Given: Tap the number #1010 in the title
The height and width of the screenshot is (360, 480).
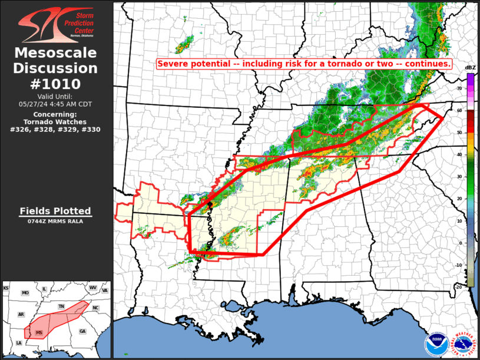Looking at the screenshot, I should (57, 84).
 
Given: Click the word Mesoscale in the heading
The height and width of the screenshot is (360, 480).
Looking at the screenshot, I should (57, 53).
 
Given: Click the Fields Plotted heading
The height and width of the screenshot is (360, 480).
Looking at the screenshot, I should (55, 211).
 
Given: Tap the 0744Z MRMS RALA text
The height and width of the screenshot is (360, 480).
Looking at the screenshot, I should (55, 221).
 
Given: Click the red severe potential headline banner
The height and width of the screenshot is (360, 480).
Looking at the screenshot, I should (304, 64).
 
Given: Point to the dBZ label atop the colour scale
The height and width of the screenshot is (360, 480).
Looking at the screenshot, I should (470, 67).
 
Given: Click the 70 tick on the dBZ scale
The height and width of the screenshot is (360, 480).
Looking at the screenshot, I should (459, 88).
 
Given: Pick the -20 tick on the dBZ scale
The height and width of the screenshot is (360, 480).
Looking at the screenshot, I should (458, 286).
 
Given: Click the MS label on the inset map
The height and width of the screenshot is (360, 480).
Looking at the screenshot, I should (39, 333).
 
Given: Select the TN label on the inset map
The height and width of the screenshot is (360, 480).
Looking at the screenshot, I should (61, 307).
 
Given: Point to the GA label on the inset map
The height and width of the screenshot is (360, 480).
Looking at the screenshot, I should (82, 331).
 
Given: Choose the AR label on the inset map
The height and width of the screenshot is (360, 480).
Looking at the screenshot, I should (21, 315).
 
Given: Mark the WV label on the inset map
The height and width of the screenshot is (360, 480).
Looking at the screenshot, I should (92, 288).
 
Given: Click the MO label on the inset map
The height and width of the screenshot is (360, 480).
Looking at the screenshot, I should (25, 293).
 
